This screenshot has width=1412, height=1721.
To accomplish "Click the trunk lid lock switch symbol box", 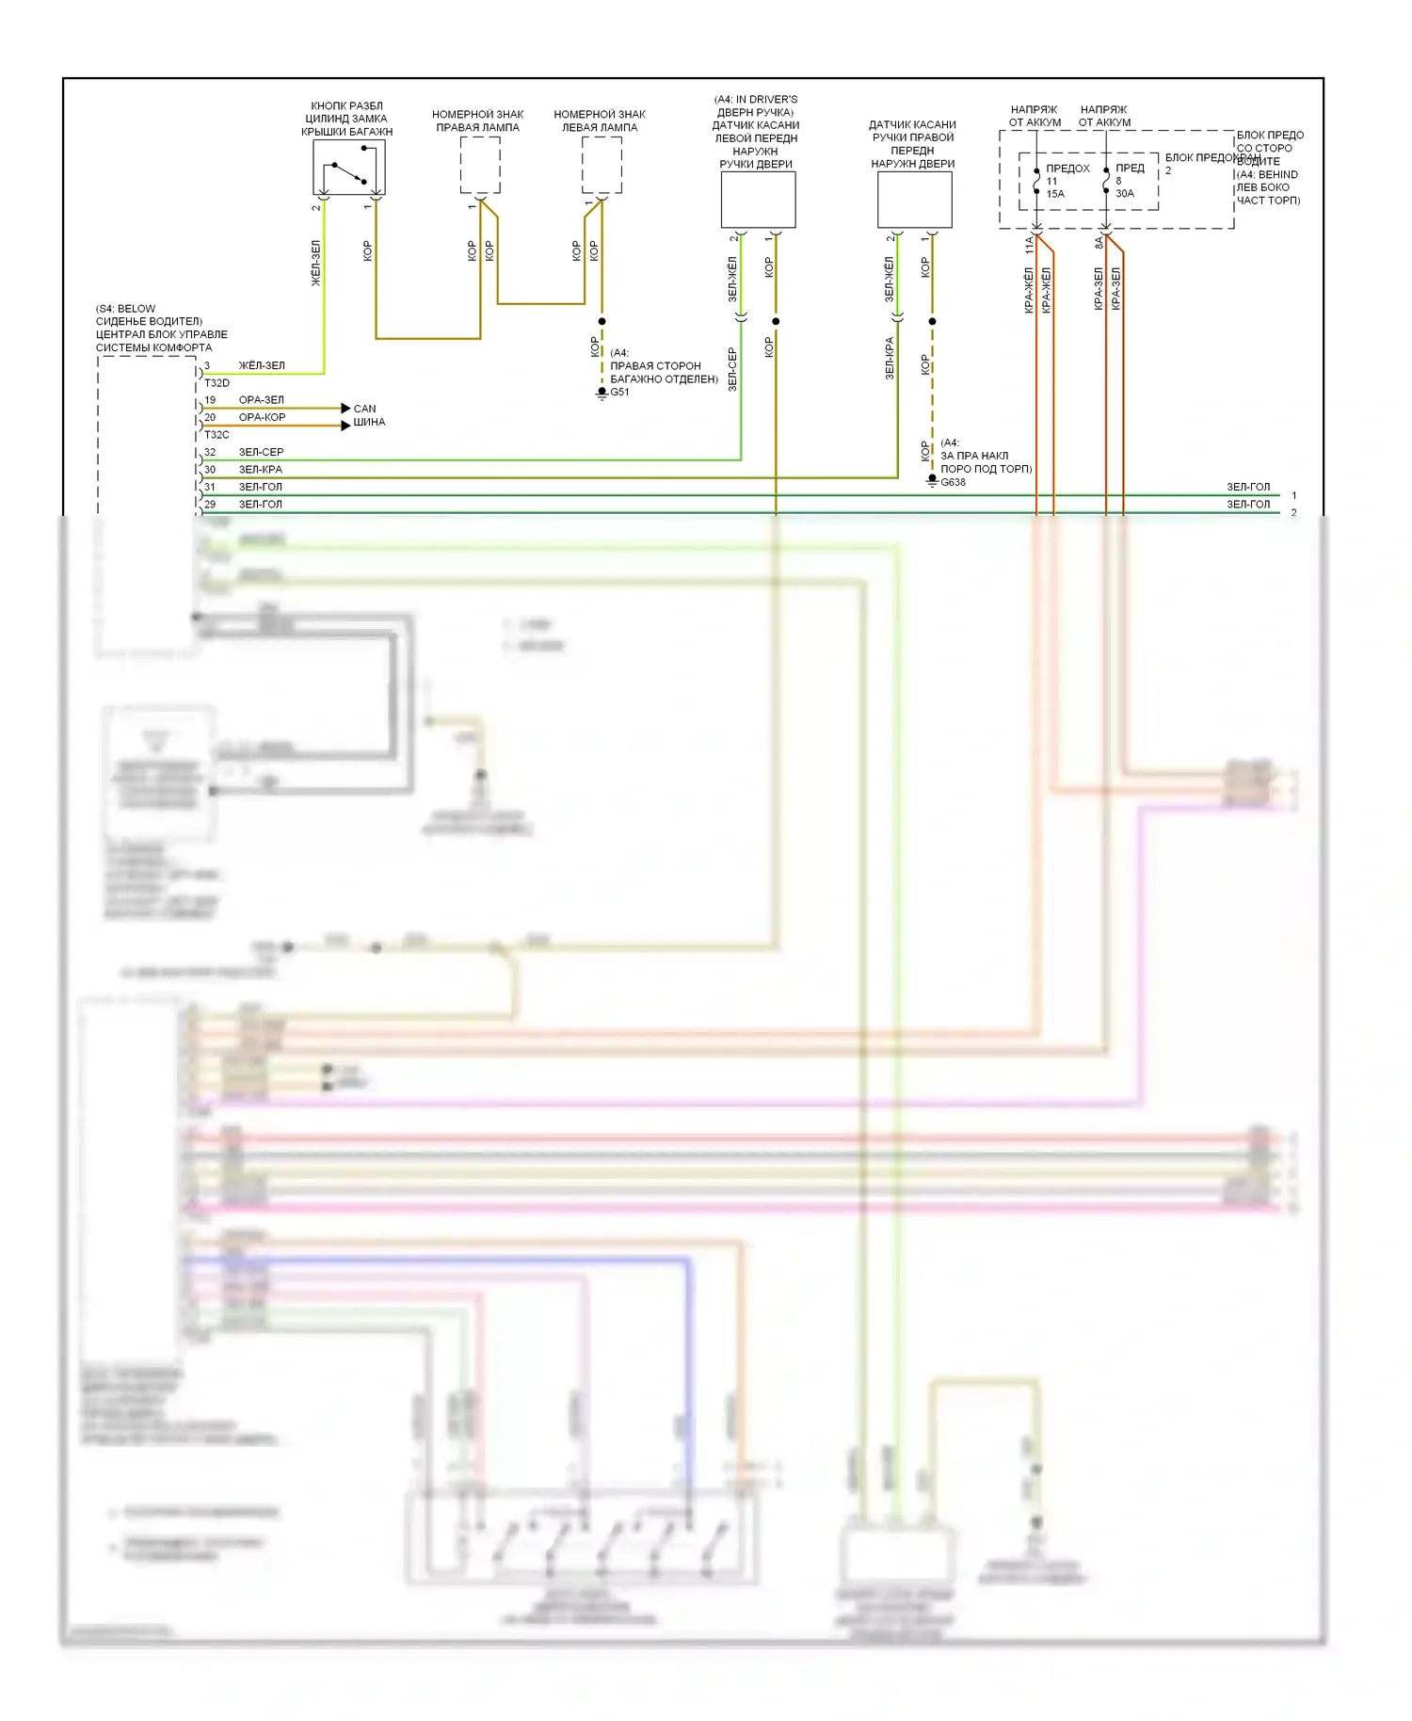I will click(348, 167).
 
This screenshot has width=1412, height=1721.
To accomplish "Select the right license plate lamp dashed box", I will click(480, 165).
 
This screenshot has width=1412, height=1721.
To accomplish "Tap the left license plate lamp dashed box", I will click(602, 165).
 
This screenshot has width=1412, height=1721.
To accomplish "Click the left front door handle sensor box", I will click(758, 200).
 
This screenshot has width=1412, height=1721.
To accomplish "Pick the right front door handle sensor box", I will click(914, 200).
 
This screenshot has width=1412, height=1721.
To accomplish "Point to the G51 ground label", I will click(619, 393).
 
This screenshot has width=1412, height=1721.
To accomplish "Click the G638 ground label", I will click(953, 482).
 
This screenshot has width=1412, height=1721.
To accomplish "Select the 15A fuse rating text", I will click(1055, 194).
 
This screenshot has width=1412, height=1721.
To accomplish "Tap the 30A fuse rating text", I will click(1125, 194).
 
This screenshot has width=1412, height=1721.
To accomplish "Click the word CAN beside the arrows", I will click(364, 409).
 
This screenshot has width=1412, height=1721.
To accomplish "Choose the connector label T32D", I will click(217, 383).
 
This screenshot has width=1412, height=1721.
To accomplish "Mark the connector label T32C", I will click(217, 435).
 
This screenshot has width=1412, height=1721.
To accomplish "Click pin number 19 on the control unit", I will click(210, 400).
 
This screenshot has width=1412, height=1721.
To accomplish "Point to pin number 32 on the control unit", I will click(210, 452).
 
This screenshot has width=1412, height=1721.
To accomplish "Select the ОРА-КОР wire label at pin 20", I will click(262, 417).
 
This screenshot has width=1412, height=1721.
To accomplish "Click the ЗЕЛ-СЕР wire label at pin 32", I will click(261, 452).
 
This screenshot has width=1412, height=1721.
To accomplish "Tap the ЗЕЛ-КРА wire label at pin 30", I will click(260, 469).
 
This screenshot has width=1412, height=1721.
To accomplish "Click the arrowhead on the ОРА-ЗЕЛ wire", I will click(345, 409).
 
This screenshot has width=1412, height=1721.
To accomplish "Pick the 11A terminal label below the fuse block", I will click(1029, 246).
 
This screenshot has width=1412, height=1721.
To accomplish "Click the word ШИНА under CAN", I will click(369, 422).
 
